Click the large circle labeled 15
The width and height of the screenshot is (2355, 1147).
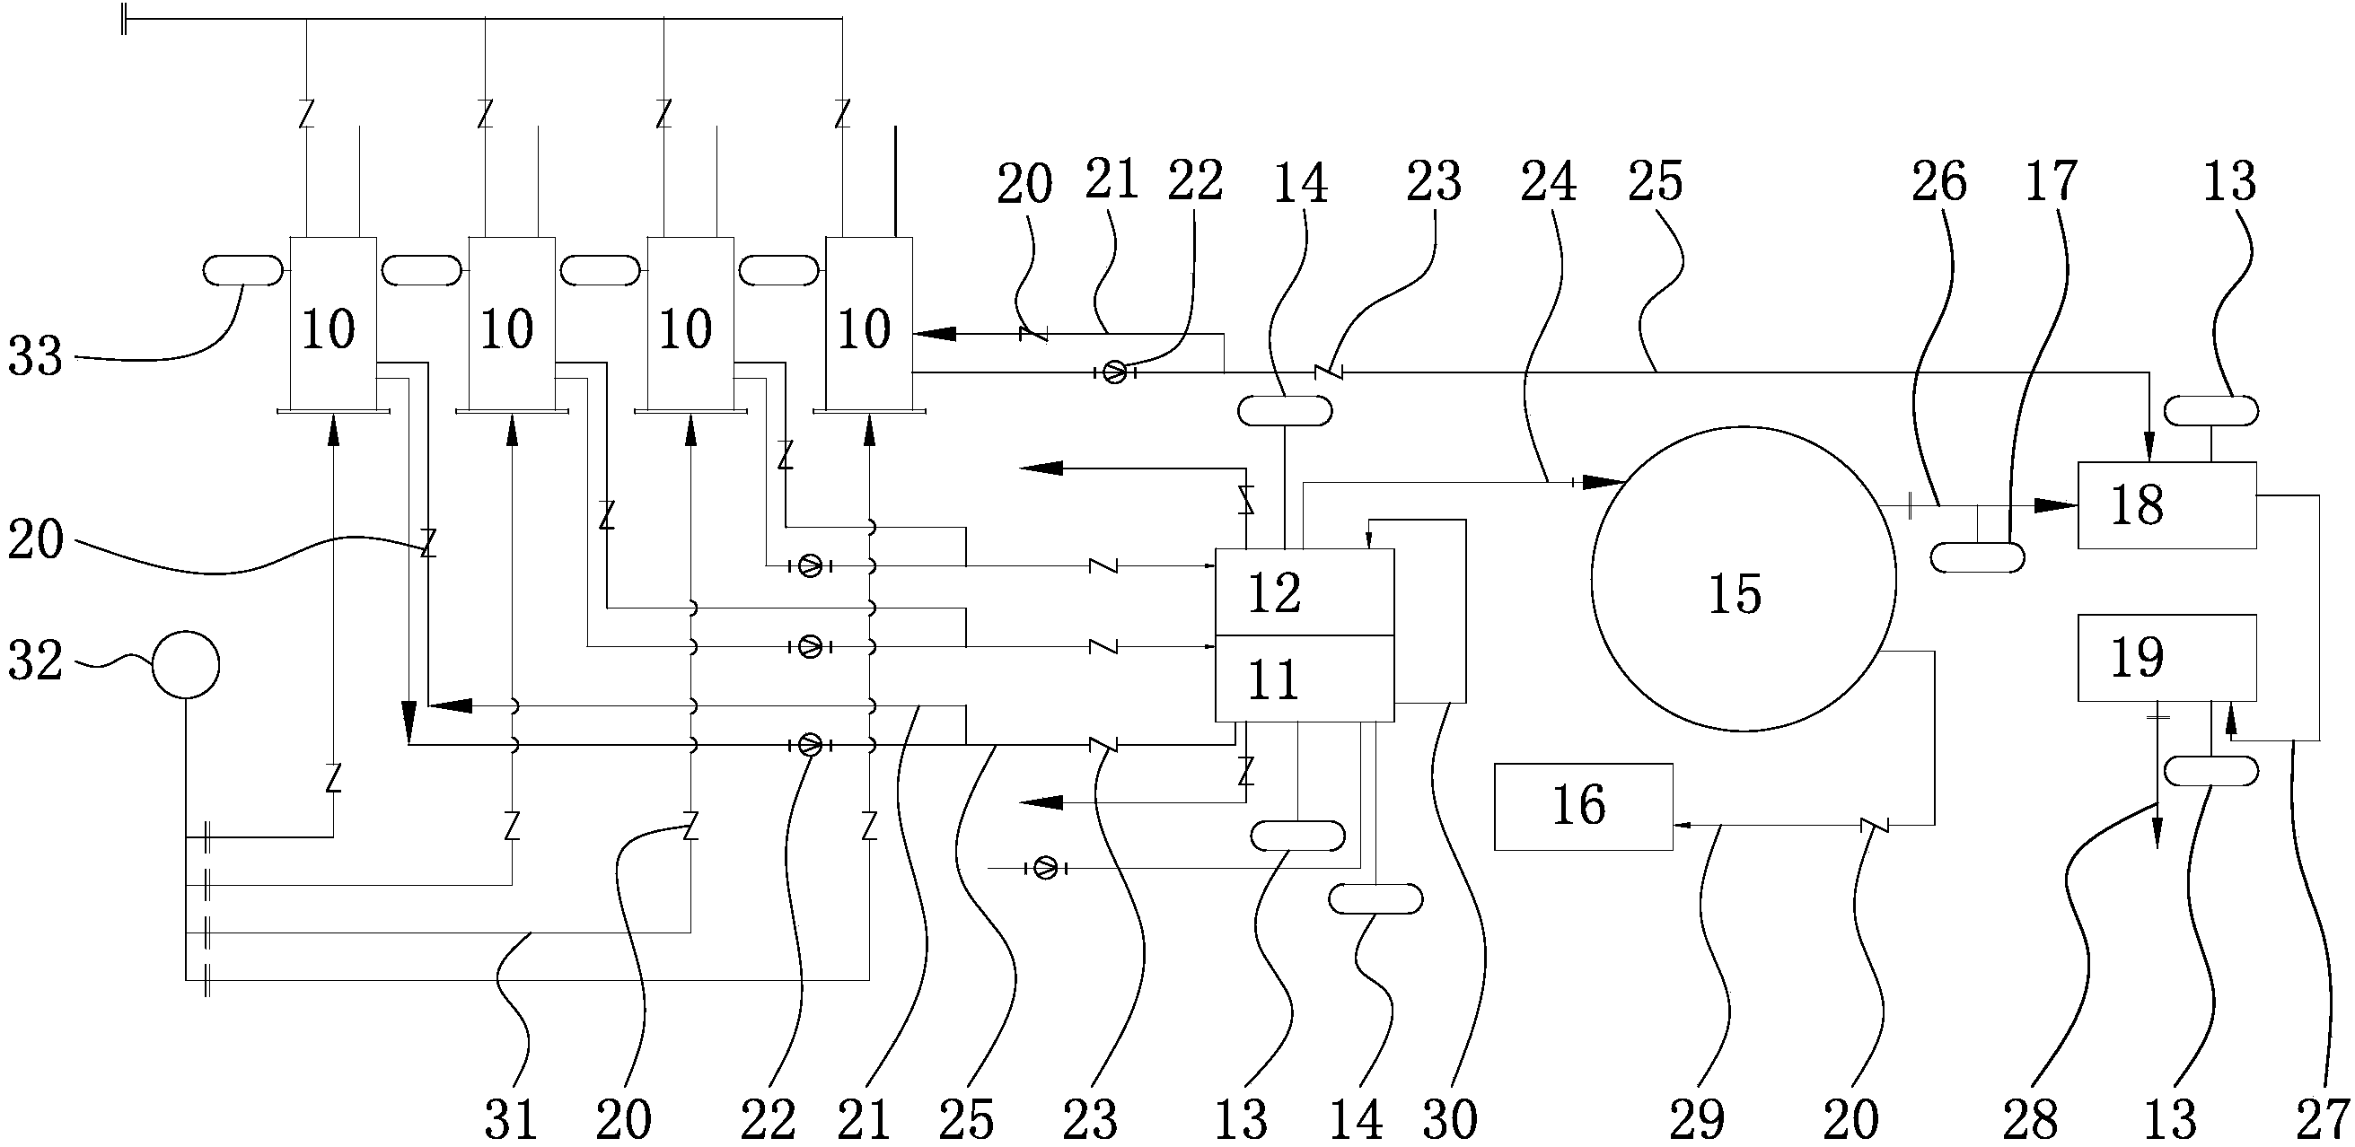1743,579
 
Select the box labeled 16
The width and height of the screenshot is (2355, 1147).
1584,806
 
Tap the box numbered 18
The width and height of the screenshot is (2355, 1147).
2166,504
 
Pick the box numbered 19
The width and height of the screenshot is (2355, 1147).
2166,657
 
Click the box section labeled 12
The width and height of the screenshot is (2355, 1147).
1304,592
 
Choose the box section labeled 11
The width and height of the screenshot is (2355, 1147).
1304,679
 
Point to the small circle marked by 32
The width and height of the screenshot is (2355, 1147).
186,664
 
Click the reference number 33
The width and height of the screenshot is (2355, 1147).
35,356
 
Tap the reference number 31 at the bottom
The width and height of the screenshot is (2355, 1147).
510,1118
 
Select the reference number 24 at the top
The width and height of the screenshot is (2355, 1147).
1548,182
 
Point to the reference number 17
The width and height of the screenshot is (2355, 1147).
2052,182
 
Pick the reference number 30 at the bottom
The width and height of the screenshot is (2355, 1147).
1450,1118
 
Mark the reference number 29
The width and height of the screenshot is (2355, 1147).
1697,1118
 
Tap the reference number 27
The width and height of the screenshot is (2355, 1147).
2322,1118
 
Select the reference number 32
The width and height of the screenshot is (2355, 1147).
35,661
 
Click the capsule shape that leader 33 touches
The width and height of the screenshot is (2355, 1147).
242,270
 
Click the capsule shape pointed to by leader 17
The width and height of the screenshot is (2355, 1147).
1977,556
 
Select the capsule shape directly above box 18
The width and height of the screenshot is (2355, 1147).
2211,410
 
